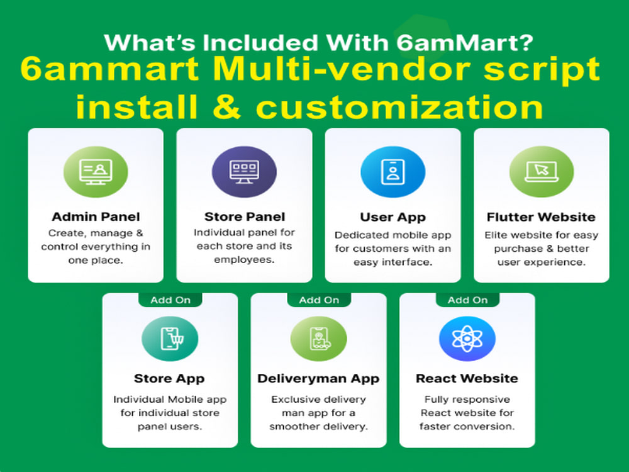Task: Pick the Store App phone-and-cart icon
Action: [x=170, y=339]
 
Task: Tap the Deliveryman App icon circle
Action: [x=318, y=339]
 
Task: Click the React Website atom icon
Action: [x=467, y=339]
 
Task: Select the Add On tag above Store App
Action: [x=170, y=300]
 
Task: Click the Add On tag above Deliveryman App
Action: [x=318, y=300]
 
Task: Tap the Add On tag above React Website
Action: [x=467, y=300]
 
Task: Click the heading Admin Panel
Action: [x=96, y=217]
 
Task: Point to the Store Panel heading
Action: [x=244, y=217]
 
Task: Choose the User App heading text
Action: [x=392, y=217]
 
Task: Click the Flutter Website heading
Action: [x=541, y=217]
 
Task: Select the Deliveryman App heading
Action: [x=318, y=378]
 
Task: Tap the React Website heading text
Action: [x=467, y=378]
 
